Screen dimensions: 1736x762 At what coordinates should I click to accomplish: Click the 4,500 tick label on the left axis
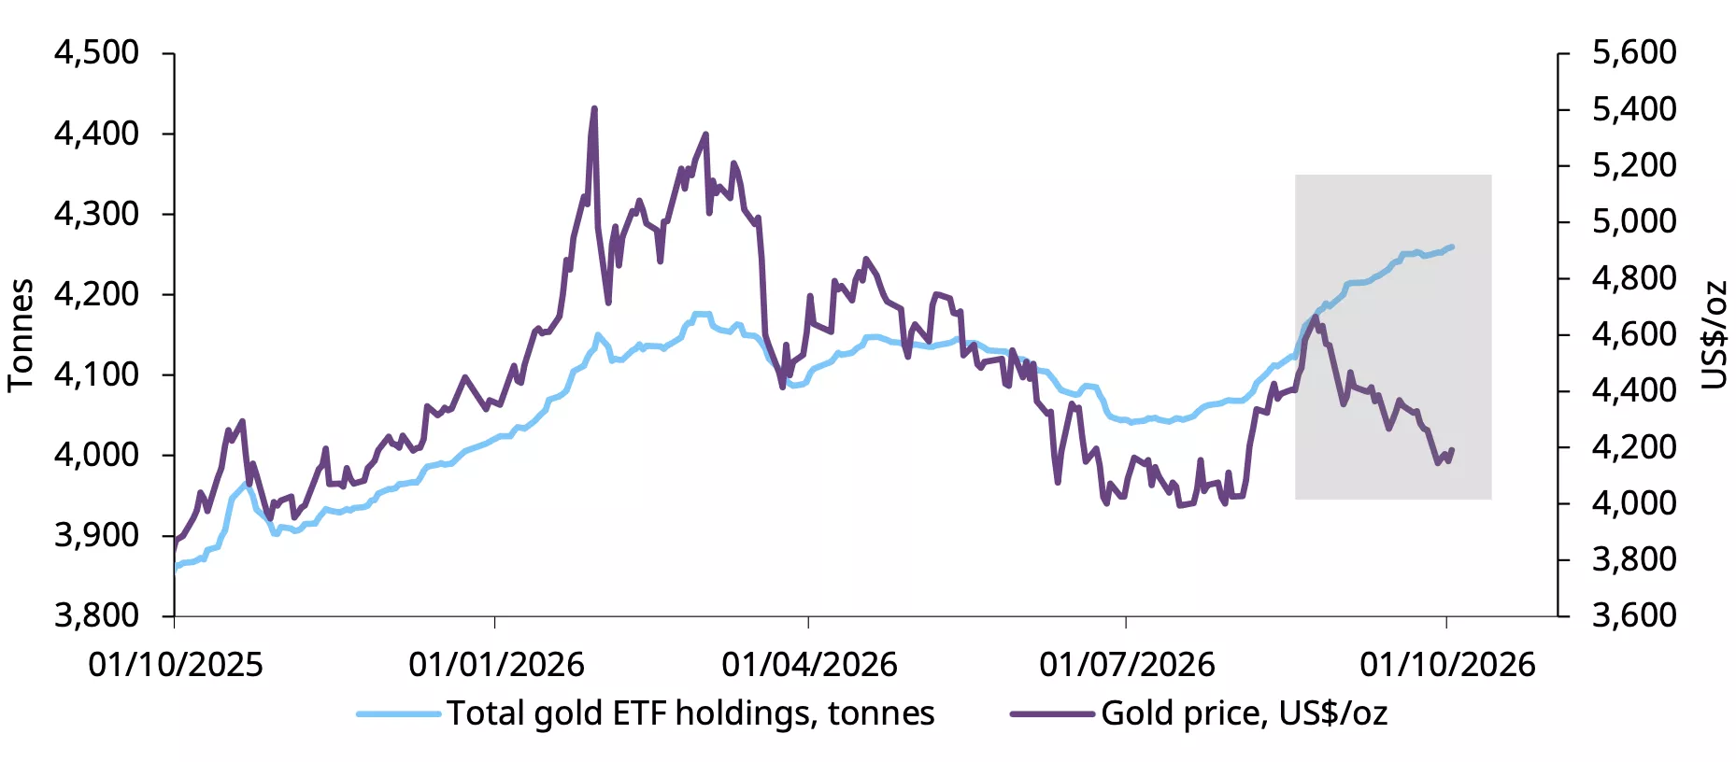[97, 52]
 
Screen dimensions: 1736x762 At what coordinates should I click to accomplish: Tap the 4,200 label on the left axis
[97, 294]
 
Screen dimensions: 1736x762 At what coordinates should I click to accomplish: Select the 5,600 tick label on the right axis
[1634, 52]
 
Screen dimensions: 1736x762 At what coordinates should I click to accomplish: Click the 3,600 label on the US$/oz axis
[1634, 615]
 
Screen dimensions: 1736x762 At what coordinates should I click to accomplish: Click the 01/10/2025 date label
[176, 665]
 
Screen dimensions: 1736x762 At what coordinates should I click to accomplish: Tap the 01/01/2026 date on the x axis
[496, 665]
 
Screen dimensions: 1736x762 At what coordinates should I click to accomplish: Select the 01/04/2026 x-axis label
[809, 665]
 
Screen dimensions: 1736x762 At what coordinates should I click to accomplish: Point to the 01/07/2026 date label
[1127, 665]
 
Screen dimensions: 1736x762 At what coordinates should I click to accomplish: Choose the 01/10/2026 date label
[1447, 665]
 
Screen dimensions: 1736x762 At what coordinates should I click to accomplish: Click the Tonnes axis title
[21, 335]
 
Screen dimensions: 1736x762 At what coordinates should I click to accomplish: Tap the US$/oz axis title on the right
[1714, 334]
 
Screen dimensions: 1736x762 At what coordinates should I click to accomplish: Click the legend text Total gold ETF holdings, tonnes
[690, 713]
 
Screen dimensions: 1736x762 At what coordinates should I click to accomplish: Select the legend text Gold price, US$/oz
[1244, 713]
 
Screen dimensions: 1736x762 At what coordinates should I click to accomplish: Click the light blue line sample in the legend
[398, 714]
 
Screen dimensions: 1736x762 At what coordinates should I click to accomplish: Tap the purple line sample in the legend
[1052, 714]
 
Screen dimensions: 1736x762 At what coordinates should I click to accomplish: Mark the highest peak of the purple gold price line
[594, 109]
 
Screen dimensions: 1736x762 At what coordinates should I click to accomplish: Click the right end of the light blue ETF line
[1452, 247]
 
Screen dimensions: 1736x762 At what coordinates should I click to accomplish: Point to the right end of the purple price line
[1452, 450]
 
